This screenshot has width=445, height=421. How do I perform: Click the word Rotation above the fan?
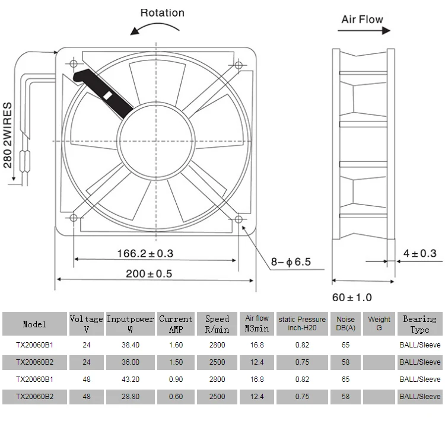162,12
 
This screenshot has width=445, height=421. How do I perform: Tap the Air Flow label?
362,19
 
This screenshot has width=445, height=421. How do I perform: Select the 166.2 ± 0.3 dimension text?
145,253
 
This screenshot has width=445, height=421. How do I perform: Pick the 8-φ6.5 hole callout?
291,261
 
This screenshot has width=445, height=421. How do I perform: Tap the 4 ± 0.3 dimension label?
419,254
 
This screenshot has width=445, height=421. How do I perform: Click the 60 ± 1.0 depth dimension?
352,296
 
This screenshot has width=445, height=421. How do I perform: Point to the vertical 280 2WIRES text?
8,135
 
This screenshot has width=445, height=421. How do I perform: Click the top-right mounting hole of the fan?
239,65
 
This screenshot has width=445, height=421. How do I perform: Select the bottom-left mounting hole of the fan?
74,219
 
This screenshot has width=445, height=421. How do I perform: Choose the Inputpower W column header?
130,324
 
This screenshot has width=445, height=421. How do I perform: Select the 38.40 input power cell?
130,345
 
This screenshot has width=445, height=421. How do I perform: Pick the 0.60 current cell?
176,397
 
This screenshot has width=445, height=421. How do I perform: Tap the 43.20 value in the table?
130,379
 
